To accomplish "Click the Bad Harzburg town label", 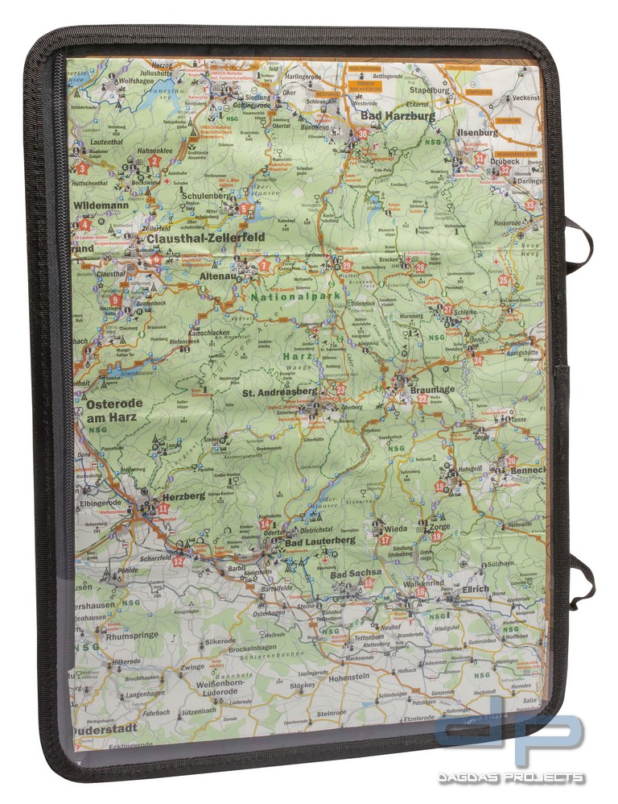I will tap(398, 116).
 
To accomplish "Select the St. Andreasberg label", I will tap(280, 394).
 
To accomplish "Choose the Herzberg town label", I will tap(183, 496).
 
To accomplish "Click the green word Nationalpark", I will tap(295, 296).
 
